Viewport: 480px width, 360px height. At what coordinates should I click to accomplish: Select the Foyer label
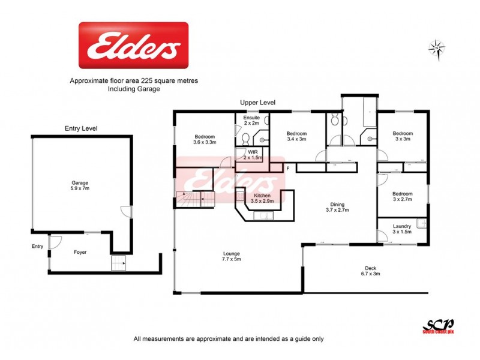pos(80,253)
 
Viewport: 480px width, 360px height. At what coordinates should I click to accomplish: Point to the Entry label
pos(38,246)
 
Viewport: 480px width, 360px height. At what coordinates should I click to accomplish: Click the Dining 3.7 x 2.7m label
pos(337,207)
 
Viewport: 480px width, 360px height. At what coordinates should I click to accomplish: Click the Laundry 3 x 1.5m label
pos(401,229)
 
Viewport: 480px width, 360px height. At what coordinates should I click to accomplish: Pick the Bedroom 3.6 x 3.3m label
pos(204,139)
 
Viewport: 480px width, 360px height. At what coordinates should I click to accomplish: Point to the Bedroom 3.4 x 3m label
pos(296,136)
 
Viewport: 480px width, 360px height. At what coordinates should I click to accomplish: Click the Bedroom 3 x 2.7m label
pos(402,197)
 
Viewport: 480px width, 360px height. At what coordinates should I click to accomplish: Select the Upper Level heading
pos(258,103)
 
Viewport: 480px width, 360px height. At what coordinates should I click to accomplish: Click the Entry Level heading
pos(81,128)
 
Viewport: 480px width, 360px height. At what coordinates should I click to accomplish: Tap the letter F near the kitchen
pos(288,169)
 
